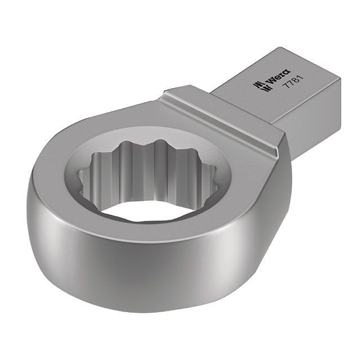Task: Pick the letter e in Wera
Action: tap(279, 76)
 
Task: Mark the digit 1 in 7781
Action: tap(301, 78)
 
